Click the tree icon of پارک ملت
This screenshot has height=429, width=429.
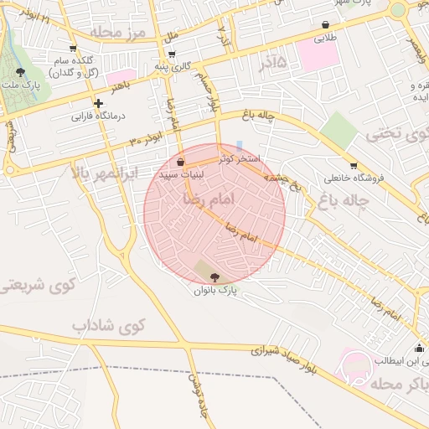click(x=19, y=73)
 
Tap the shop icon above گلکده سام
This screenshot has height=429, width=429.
click(x=73, y=48)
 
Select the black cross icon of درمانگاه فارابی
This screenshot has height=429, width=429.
click(x=98, y=102)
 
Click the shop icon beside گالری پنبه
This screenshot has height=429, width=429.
click(x=158, y=65)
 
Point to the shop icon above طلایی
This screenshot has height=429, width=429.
click(x=325, y=25)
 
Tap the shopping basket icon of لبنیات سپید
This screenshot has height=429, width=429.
click(x=181, y=161)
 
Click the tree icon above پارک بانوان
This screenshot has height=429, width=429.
click(x=215, y=277)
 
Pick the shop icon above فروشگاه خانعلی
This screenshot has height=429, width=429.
click(x=353, y=165)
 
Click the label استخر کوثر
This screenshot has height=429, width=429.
click(x=240, y=158)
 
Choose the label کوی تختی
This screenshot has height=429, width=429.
click(x=396, y=132)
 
